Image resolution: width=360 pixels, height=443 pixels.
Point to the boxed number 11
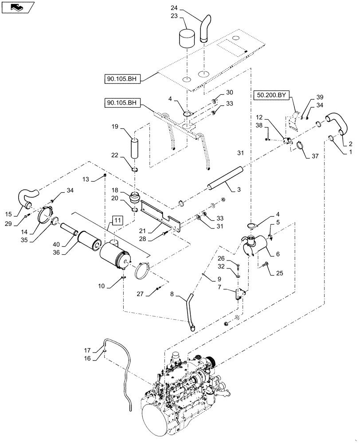pos(116,221)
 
